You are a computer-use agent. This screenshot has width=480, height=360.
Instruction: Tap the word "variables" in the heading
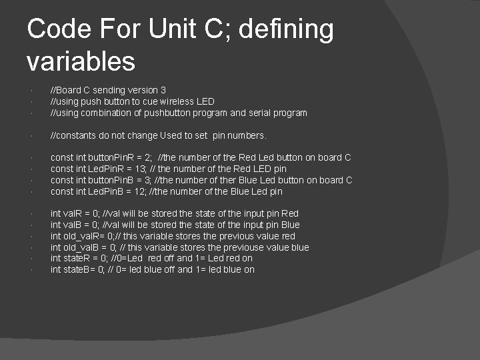(81, 61)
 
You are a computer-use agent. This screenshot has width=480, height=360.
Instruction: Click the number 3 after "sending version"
(163, 90)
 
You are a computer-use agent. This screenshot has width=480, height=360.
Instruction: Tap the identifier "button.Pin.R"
(106, 158)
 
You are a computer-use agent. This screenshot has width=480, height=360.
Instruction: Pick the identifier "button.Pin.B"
(106, 180)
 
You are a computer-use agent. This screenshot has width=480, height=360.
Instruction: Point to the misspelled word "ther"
(228, 180)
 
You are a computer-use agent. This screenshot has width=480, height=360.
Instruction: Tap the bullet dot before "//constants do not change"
(31, 136)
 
